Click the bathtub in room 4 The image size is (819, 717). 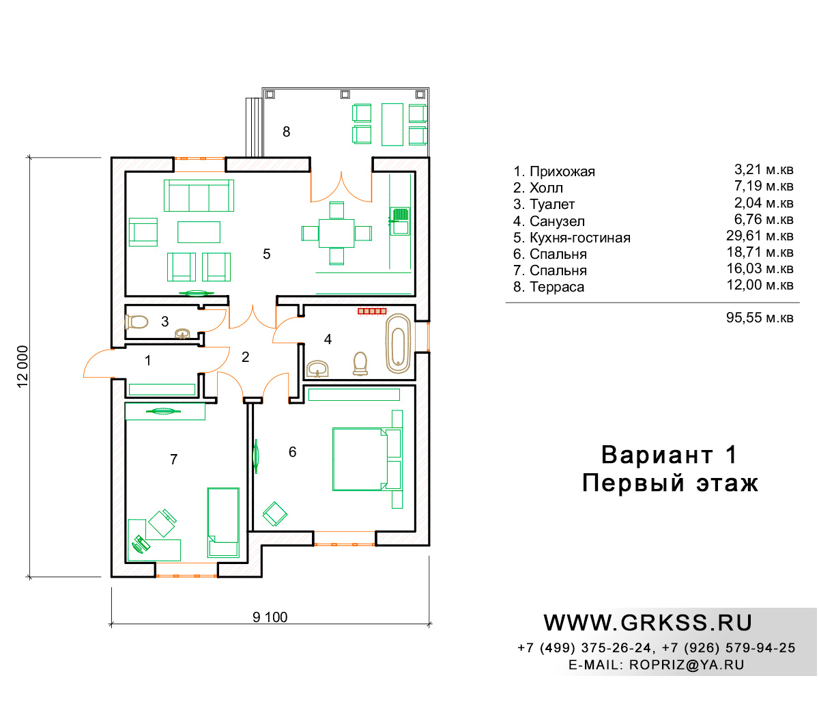click(398, 343)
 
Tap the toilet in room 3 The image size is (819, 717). click(136, 322)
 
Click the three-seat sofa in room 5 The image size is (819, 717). click(199, 195)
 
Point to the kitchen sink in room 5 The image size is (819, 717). click(399, 221)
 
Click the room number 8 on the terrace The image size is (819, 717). click(286, 131)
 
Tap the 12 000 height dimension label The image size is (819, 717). click(23, 367)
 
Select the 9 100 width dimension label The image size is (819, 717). click(270, 617)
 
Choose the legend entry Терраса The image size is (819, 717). click(557, 287)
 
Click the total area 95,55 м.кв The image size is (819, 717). click(760, 318)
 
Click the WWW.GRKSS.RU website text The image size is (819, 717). click(648, 623)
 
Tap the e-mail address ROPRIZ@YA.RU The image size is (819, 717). click(687, 665)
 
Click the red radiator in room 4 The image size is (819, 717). click(372, 311)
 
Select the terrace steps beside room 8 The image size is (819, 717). click(254, 127)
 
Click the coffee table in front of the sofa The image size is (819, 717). click(199, 232)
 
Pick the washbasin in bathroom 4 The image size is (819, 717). click(317, 369)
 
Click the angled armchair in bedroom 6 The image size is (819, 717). click(274, 514)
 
